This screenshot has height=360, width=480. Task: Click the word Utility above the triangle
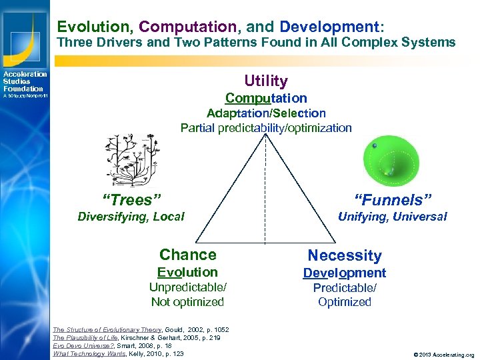[266, 81]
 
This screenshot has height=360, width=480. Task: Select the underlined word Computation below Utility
[266, 98]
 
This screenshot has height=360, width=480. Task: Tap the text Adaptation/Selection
[266, 113]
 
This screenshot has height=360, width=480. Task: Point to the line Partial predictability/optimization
[266, 128]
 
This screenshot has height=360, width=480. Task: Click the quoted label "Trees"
[131, 199]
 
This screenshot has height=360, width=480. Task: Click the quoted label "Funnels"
[393, 199]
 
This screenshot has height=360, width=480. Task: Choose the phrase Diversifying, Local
[131, 216]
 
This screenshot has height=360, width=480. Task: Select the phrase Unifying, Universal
[393, 217]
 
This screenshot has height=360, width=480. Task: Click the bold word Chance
[188, 255]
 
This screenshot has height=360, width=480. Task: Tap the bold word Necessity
[345, 255]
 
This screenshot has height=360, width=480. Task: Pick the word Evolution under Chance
[187, 272]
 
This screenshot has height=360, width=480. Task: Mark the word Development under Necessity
[345, 273]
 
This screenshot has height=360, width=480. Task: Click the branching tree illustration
[131, 159]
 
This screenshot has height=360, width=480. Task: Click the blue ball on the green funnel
[375, 146]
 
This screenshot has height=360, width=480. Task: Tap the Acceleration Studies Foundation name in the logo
[24, 81]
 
